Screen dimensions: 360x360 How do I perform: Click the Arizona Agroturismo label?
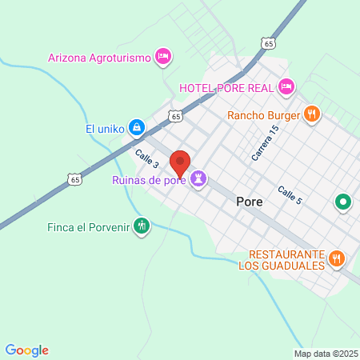tap(100, 57)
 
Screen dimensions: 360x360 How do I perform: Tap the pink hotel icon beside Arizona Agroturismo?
tap(163, 56)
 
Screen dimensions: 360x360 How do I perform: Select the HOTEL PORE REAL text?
tap(226, 87)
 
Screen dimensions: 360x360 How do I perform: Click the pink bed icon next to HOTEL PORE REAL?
tap(286, 86)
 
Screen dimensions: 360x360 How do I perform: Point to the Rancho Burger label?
tap(263, 114)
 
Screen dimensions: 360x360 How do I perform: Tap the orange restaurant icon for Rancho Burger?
tap(313, 114)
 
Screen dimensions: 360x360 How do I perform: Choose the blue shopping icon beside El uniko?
tap(137, 127)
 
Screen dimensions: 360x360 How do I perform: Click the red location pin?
tap(180, 164)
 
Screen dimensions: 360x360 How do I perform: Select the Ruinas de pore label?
tap(148, 181)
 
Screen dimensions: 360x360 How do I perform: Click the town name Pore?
tap(250, 202)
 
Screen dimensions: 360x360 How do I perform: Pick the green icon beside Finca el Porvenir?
tap(142, 226)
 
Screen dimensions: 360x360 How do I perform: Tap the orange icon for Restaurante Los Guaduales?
tap(337, 258)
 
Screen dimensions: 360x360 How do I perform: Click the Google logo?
tap(27, 350)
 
